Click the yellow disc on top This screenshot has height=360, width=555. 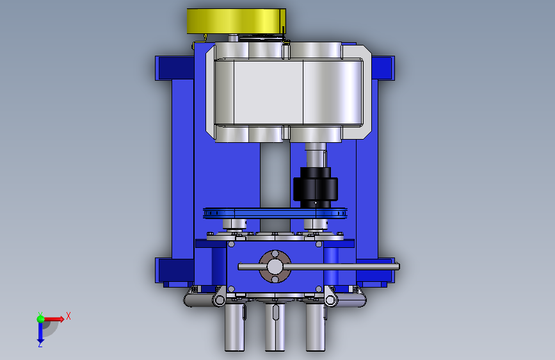236,21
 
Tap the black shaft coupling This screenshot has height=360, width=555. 316,188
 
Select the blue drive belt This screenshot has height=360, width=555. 275,213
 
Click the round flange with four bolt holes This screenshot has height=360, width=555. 275,266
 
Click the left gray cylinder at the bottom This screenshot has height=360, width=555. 235,326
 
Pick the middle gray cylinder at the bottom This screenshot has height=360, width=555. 275,326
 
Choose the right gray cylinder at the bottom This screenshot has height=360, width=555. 316,326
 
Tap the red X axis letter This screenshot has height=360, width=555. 68,316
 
